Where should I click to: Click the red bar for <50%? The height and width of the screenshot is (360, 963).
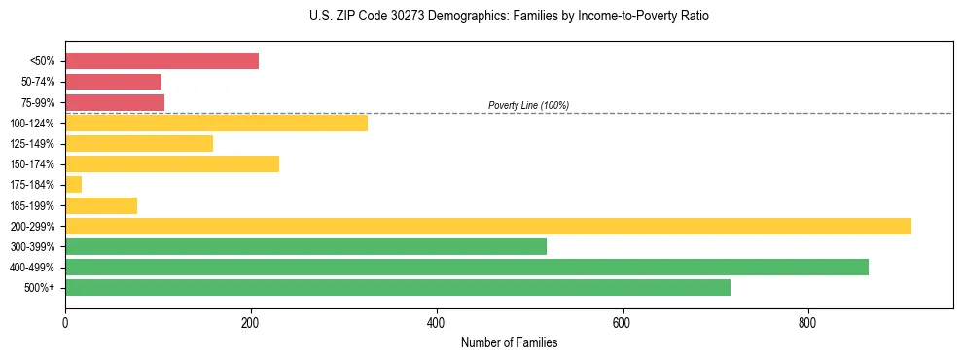point(161,61)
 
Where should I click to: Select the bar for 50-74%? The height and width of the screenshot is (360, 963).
point(113,82)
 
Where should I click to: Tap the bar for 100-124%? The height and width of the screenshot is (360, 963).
point(216,123)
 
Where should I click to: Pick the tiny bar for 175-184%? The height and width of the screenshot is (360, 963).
point(74,185)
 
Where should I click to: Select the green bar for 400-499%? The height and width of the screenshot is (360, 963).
point(467,267)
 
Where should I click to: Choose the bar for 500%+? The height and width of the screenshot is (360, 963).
point(398,288)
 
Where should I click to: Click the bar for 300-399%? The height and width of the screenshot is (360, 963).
point(305,246)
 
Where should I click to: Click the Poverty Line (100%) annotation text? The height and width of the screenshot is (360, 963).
point(528,105)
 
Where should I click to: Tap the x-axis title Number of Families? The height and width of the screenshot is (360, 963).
point(509,343)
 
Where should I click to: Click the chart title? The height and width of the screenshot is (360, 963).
point(509,17)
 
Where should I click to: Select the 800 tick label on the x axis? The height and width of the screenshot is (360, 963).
point(807,322)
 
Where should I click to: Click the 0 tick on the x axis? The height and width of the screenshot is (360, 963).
point(65,322)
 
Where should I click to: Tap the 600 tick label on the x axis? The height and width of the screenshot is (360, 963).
point(622,322)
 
